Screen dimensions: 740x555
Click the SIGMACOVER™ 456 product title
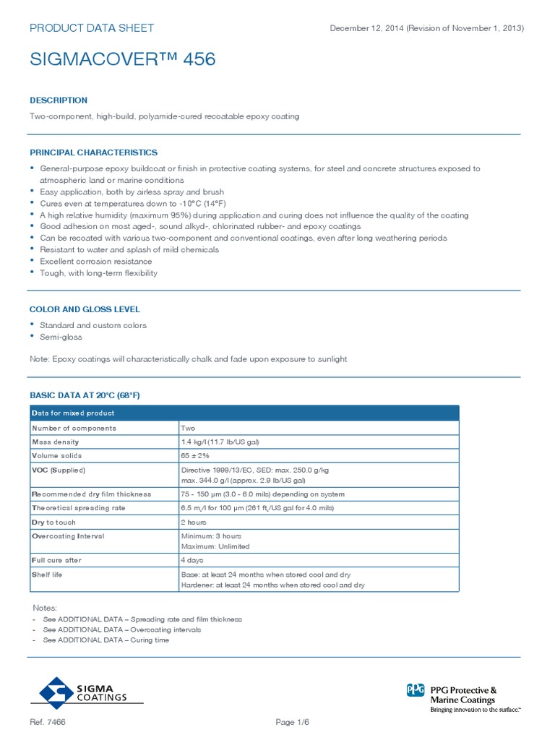point(122,60)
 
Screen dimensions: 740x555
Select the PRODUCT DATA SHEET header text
point(91,28)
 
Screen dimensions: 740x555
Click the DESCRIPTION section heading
point(59,100)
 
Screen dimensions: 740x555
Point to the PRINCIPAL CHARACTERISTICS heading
point(93,152)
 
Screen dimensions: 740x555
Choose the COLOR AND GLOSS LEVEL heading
point(85,309)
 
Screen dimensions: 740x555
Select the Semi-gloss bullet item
point(61,337)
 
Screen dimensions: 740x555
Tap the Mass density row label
point(56,442)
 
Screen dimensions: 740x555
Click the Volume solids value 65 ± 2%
point(194,456)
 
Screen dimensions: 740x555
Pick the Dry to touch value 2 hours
point(194,522)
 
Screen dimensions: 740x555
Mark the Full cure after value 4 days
point(192,560)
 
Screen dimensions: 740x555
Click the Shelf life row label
point(48,575)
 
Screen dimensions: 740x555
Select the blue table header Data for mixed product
point(73,413)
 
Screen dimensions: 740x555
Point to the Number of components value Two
point(188,428)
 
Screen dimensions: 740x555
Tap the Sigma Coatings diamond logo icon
point(56,692)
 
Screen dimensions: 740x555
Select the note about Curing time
point(106,640)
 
